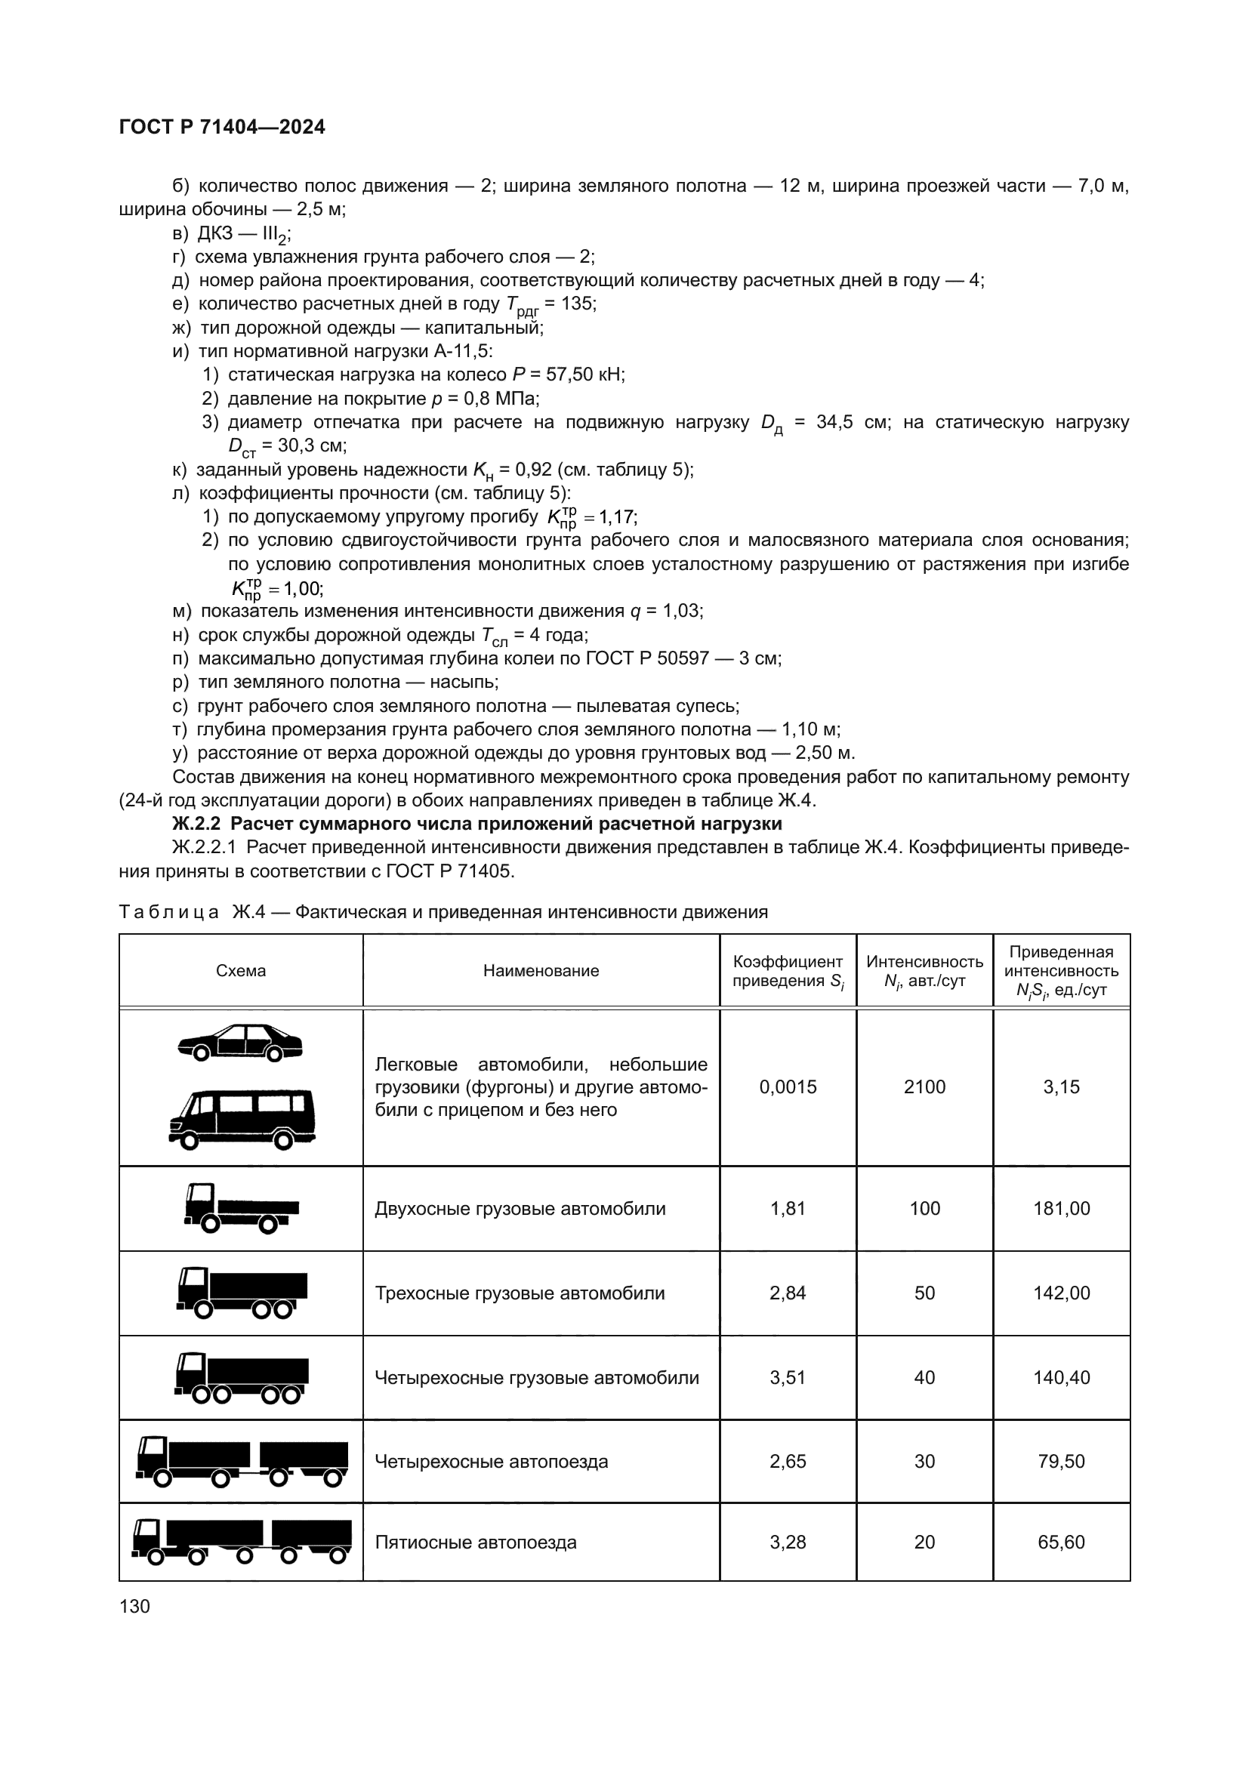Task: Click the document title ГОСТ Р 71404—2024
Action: point(222,127)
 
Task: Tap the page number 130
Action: point(134,1606)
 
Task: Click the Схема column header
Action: point(241,971)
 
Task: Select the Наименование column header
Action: point(541,971)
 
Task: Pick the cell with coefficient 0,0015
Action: point(788,1086)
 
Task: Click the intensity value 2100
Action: point(924,1086)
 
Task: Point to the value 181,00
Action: point(1061,1208)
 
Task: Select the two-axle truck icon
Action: point(242,1208)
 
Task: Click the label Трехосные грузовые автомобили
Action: point(519,1293)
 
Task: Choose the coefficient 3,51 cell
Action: point(788,1378)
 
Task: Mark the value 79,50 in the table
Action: point(1061,1462)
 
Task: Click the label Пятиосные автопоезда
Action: point(475,1543)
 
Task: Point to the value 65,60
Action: point(1061,1543)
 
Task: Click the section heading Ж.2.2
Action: point(476,824)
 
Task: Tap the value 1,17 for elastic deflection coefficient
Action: point(617,517)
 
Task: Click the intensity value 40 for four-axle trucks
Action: point(924,1378)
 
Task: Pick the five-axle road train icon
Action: point(242,1543)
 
